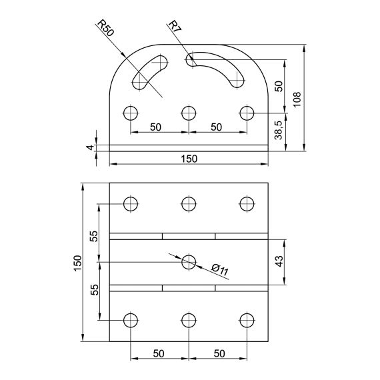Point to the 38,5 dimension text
point(279,129)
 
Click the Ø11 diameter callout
point(219,270)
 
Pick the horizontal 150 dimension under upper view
point(189,159)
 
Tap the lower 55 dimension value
point(94,289)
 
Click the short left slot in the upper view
point(151,72)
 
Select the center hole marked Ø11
point(189,261)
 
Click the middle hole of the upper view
point(189,112)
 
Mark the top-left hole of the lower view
point(130,203)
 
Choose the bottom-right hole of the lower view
point(247,319)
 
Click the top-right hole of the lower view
point(247,203)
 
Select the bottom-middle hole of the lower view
point(189,319)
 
